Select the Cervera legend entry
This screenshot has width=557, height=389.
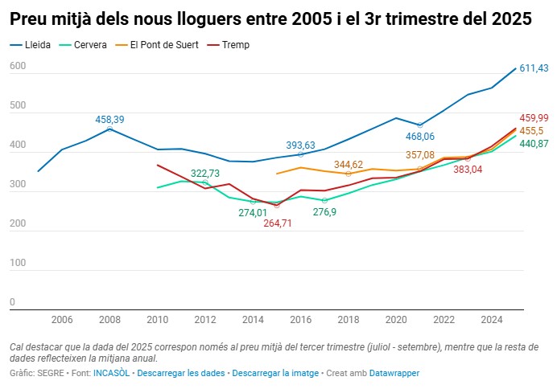(x=89, y=45)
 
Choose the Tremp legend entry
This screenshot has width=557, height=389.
(x=236, y=45)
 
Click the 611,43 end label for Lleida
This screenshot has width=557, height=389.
(x=534, y=68)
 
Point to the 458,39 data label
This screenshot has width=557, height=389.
(x=109, y=119)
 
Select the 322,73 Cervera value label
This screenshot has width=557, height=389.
(x=206, y=173)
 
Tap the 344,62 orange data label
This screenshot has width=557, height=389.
(x=349, y=164)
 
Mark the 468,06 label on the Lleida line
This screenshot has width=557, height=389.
(x=419, y=137)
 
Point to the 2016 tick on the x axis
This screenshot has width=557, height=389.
(x=300, y=320)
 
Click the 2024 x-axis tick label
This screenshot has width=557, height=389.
(x=491, y=320)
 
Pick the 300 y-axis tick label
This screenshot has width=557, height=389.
(x=17, y=186)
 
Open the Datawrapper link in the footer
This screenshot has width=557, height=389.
(x=394, y=374)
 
